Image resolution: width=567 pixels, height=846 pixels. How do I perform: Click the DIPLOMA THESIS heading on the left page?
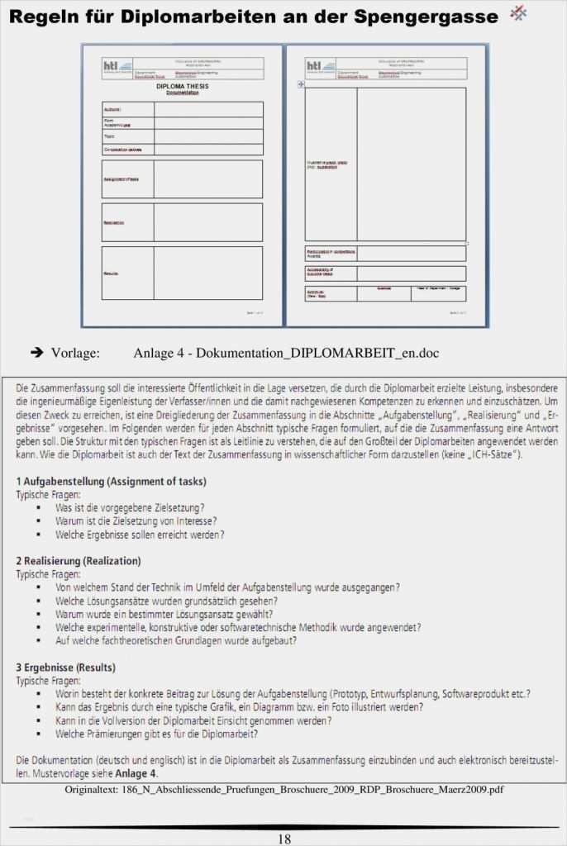point(182,86)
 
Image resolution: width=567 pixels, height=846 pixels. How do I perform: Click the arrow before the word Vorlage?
point(36,354)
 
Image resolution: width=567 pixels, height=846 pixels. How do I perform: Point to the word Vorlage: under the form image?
point(75,354)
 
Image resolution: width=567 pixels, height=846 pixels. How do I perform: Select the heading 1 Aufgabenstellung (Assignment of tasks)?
point(112,481)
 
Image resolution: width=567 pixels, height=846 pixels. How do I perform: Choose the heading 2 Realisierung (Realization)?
point(78,561)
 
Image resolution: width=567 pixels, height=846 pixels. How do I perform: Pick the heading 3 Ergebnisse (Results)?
point(66,667)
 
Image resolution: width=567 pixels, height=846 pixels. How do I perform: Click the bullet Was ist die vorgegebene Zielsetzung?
point(130,507)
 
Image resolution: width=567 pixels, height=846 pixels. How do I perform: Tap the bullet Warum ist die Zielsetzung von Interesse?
point(136,520)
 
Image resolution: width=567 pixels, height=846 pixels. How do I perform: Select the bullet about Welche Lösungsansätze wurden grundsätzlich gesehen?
point(166,601)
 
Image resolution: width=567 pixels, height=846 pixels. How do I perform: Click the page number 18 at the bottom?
point(283,839)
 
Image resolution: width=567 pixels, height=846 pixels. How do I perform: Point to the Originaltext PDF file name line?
point(283,790)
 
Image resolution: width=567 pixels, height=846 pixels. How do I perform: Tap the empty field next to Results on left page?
point(207,273)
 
